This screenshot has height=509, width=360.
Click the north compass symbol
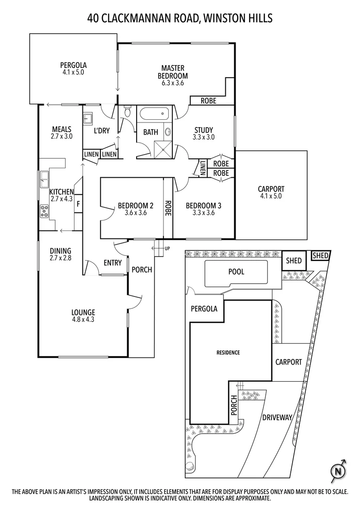click(337, 470)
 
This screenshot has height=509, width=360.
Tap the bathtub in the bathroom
click(153, 114)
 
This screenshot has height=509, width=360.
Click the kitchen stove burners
click(45, 211)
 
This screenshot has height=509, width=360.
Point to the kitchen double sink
click(44, 178)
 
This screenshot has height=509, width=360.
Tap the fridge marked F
click(78, 204)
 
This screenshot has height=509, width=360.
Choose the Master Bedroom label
click(172, 72)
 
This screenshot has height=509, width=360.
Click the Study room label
click(203, 130)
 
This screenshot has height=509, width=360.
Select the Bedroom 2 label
click(136, 205)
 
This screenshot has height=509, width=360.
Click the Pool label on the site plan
click(236, 272)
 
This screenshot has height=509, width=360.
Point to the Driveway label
click(278, 417)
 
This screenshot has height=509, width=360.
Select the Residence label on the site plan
click(228, 353)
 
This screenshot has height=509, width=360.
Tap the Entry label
click(112, 263)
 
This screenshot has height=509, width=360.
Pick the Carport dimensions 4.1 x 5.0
click(271, 197)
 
